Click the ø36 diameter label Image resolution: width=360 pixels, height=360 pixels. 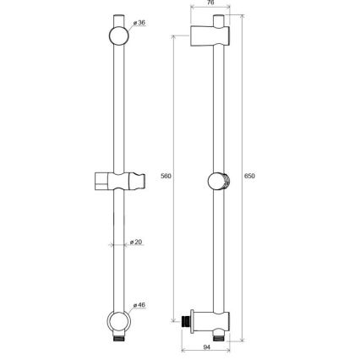(140, 23)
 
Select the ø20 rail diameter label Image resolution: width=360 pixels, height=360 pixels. (137, 243)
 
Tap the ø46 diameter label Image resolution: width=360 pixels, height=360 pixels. (139, 304)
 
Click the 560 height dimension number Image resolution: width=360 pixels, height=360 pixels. (166, 177)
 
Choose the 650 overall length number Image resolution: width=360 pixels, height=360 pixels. (249, 177)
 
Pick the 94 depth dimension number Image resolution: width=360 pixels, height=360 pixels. (207, 347)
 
